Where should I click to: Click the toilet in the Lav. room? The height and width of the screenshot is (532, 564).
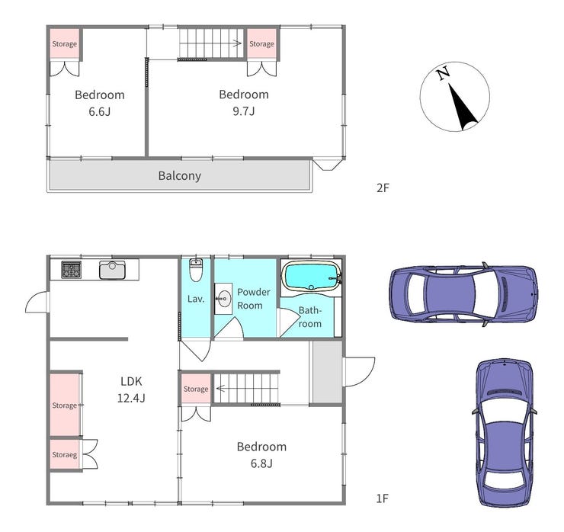[196, 270]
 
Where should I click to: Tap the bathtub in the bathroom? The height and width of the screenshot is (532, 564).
[312, 276]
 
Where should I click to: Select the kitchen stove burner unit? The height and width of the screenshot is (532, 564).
[71, 269]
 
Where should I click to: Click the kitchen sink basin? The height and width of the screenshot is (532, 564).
[112, 270]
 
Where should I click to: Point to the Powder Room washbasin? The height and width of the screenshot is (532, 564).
[224, 299]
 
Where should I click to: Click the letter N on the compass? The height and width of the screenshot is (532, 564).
[444, 73]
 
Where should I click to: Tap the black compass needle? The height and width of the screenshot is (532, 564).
[462, 107]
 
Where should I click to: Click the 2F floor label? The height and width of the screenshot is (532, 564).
[383, 187]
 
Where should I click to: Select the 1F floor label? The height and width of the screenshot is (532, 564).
[383, 498]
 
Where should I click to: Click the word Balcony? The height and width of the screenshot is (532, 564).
[179, 175]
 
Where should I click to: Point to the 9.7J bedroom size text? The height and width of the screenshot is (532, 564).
[244, 111]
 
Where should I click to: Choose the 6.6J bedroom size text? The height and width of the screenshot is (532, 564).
[99, 111]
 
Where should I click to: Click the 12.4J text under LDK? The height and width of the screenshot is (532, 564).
[131, 398]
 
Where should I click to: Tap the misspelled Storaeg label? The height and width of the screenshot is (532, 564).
[64, 455]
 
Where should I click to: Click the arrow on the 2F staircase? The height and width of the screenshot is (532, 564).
[236, 43]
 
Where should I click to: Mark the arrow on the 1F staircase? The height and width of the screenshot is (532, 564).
[220, 389]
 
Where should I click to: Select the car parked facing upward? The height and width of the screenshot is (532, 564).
[505, 432]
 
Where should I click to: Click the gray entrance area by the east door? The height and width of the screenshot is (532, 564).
[327, 372]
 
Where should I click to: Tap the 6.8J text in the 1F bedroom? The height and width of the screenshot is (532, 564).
[261, 463]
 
